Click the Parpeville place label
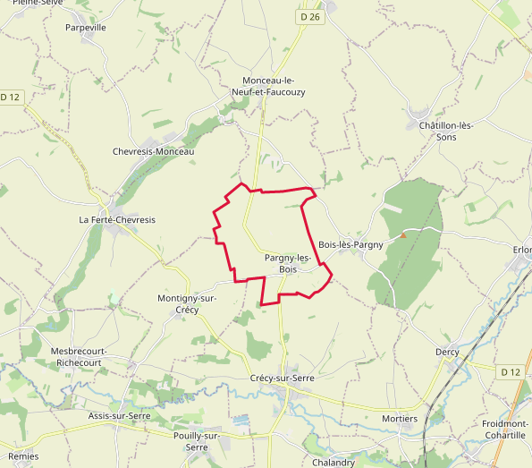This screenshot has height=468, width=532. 86,28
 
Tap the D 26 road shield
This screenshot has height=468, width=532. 309,16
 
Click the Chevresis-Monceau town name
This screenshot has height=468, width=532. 154,152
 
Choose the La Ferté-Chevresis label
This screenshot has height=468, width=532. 117,220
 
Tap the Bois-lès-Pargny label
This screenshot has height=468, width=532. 350,244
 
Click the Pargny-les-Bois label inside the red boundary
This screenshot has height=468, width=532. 288,263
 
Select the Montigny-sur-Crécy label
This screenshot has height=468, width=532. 187,303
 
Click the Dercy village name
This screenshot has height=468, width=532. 447,352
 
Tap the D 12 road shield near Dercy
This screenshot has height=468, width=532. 510,371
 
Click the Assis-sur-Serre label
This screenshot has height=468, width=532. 119,416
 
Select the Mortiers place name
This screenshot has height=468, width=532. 399,419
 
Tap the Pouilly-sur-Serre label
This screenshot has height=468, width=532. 197,440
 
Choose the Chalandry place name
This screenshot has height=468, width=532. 334,463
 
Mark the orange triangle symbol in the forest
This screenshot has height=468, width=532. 403,235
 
